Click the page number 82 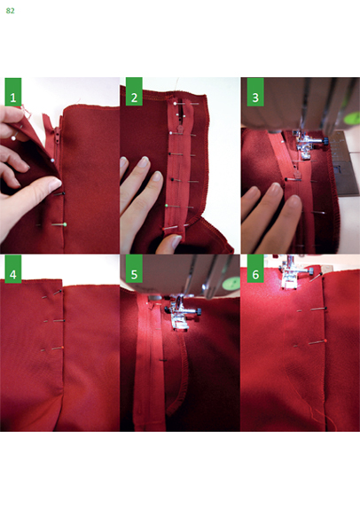coord(10,11)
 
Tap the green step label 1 coord(13,92)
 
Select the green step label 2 coord(134,91)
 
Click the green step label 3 coord(255,91)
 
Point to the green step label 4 coord(13,269)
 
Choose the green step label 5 coord(134,269)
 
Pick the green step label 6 coord(255,269)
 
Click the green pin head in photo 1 coord(66,224)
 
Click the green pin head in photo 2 coord(167,206)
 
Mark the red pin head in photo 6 coord(325,341)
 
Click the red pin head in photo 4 coord(62,348)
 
